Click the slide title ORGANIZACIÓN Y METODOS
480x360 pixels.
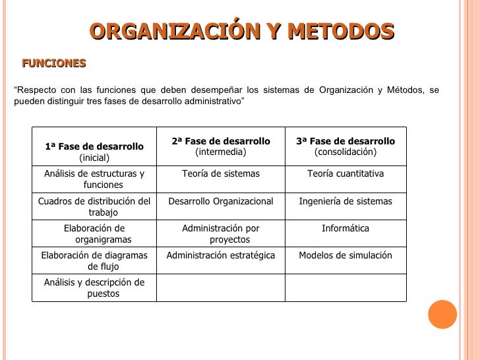(241, 31)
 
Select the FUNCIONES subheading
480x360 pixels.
(54, 63)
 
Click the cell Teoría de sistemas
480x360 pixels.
(221, 173)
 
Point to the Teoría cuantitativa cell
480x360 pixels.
(345, 173)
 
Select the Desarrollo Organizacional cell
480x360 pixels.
(221, 201)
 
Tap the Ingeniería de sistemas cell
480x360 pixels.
(345, 201)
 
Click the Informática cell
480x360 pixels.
(345, 229)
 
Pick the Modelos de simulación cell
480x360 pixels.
(345, 255)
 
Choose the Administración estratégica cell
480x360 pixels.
(221, 255)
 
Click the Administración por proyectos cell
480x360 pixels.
(221, 234)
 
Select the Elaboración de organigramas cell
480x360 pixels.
(94, 234)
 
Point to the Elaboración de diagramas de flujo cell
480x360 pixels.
(94, 261)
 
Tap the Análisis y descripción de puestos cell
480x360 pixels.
(94, 288)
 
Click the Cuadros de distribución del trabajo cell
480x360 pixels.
(94, 207)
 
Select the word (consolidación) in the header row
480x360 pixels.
(345, 152)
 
